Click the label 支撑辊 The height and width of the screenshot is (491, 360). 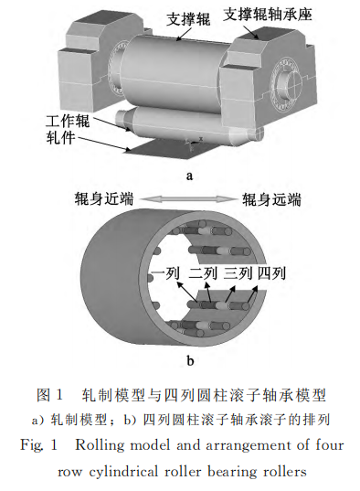click(x=188, y=19)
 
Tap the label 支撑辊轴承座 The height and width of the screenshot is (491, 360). click(x=267, y=15)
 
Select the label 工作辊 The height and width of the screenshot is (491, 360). click(x=68, y=122)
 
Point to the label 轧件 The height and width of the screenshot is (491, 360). click(x=60, y=137)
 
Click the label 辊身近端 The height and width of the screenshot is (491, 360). click(x=104, y=199)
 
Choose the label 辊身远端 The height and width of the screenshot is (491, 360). click(x=271, y=199)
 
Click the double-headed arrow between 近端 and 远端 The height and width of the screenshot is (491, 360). click(x=187, y=199)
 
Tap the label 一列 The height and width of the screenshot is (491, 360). click(x=165, y=273)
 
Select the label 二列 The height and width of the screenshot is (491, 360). click(x=203, y=273)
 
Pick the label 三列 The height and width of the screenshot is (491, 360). click(x=238, y=273)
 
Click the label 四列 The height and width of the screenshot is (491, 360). click(x=271, y=273)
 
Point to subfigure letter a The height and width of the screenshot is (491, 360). click(x=189, y=176)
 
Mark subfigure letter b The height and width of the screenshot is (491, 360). click(x=190, y=361)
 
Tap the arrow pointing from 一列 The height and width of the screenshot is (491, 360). click(x=187, y=293)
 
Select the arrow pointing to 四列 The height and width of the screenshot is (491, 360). click(x=252, y=294)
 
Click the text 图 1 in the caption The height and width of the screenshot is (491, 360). click(x=50, y=395)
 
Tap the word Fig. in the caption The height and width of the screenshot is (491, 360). click(x=31, y=445)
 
